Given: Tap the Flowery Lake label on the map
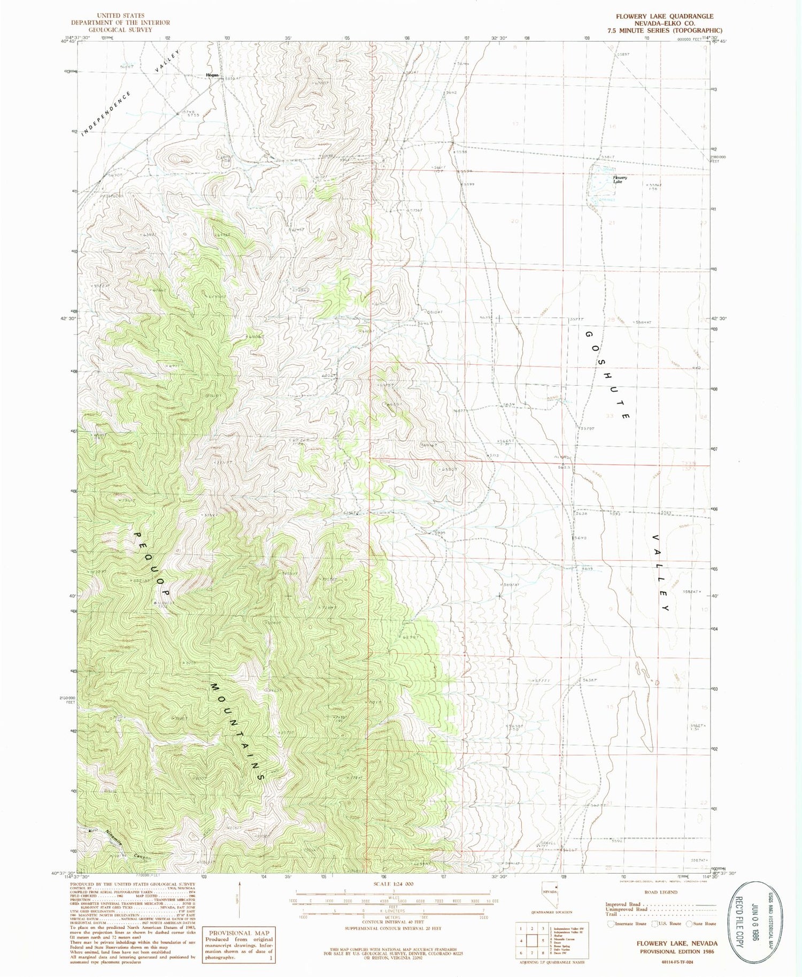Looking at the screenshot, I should pos(620,179).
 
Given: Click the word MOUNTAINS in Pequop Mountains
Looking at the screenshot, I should pos(237,731).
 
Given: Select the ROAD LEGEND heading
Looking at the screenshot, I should pos(660,892).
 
